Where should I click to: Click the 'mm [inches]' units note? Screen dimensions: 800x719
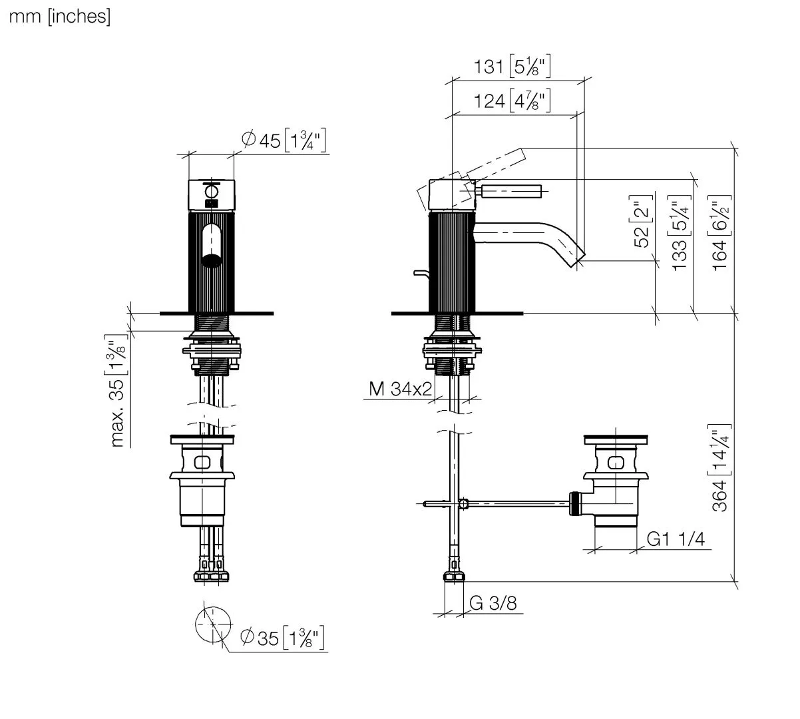[60, 17]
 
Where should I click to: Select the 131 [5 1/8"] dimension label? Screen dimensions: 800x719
[512, 66]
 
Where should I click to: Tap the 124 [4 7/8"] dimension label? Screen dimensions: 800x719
[512, 101]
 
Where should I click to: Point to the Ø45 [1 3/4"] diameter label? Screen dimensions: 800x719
[284, 140]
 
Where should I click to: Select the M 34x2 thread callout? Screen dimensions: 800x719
[400, 389]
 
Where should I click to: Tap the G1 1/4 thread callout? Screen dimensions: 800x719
[676, 539]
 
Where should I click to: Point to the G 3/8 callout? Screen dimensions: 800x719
[493, 603]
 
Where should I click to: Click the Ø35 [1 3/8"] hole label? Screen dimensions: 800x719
[282, 638]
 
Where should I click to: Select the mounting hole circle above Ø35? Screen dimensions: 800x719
[212, 624]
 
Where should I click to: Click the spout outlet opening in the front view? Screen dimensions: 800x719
[212, 261]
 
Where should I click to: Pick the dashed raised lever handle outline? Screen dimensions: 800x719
[497, 163]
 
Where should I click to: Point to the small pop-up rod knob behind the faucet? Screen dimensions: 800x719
[421, 274]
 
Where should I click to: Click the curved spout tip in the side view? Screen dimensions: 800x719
[575, 257]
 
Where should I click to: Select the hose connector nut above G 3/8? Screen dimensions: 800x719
[454, 576]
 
